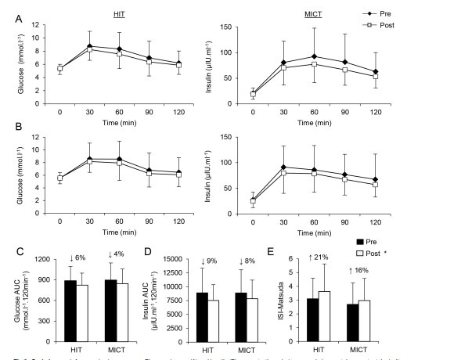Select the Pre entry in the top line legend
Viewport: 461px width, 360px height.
[397, 15]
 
